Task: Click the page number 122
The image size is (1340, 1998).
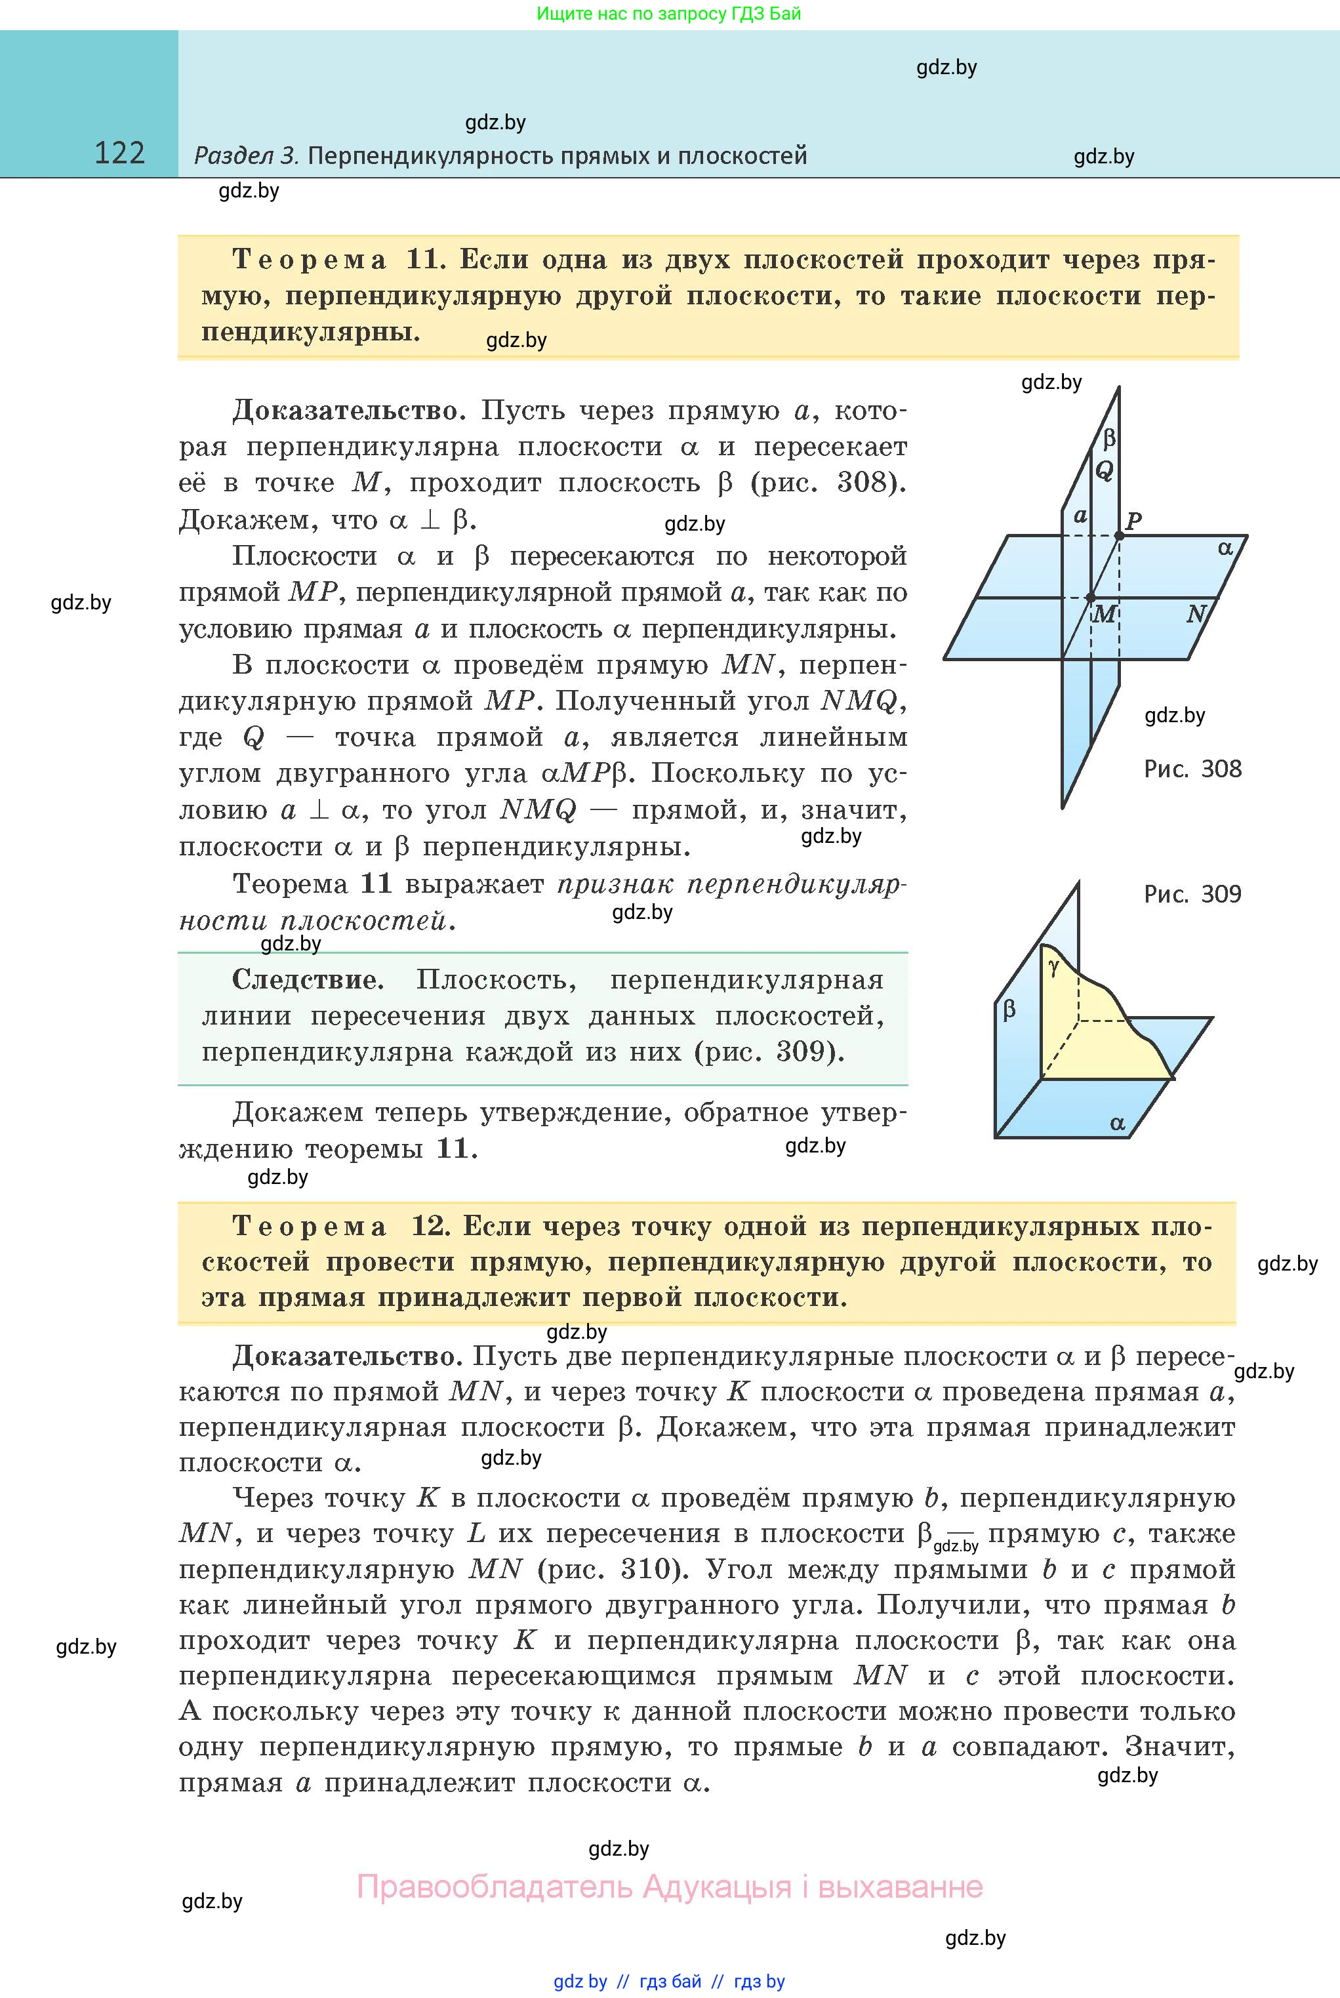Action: click(119, 153)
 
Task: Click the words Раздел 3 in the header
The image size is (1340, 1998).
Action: click(245, 155)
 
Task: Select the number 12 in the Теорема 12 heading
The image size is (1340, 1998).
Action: click(430, 1227)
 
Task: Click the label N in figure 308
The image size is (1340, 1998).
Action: click(1196, 613)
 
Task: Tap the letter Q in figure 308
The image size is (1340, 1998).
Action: click(1104, 470)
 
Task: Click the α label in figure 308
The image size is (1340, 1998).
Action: click(1225, 548)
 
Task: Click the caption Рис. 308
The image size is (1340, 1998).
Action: click(1192, 769)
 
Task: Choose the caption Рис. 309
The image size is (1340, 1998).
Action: click(1192, 895)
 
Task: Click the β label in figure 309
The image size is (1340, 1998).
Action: click(1009, 1010)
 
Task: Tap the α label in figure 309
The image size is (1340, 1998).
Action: click(1117, 1124)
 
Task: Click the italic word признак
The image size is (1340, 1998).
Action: click(615, 884)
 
